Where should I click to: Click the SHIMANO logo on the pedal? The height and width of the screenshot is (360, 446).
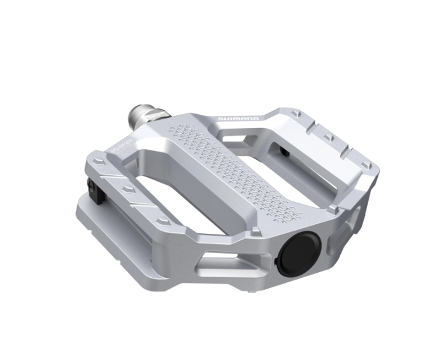click(x=238, y=119)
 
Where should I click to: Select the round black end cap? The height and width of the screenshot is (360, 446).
click(x=298, y=254)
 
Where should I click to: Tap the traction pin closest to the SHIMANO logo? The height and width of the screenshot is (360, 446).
click(x=294, y=114)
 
